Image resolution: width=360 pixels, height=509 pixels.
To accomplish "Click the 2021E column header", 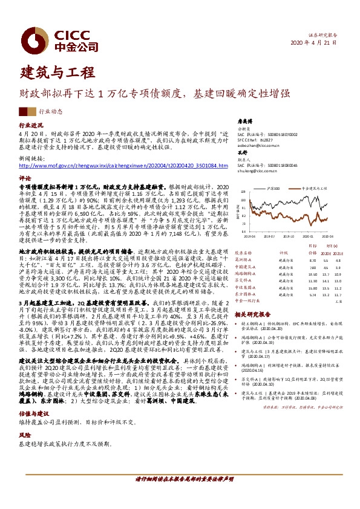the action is [x=338, y=253].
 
